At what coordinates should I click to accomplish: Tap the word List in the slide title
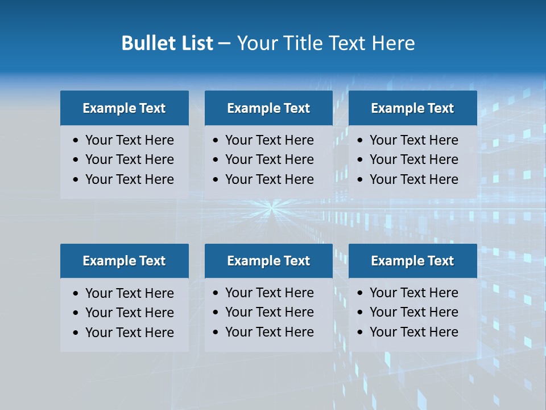196,43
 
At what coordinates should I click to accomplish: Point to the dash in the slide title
224,43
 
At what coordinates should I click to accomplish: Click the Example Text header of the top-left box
124,108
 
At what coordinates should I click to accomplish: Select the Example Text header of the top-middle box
268,108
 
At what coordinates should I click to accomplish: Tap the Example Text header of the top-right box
412,108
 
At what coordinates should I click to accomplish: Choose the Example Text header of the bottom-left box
124,261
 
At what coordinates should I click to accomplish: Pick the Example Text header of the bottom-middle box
268,261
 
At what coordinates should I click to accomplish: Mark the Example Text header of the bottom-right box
412,261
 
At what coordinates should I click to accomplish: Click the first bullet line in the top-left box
129,140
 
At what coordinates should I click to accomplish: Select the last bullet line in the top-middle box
269,179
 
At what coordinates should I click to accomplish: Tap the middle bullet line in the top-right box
413,159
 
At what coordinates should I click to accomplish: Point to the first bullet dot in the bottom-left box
76,294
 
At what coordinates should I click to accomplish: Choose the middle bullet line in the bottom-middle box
269,312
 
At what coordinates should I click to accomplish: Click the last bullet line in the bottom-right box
413,332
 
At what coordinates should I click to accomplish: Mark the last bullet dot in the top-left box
76,180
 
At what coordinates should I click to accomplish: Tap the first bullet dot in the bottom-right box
360,293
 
